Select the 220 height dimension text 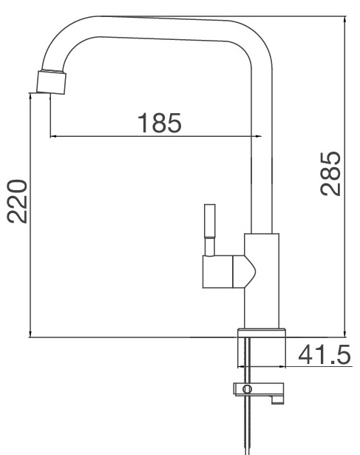(x=17, y=200)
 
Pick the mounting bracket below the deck (x=259, y=390)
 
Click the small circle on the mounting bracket (x=247, y=388)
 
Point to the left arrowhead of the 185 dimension (x=54, y=136)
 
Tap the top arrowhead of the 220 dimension (x=30, y=96)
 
